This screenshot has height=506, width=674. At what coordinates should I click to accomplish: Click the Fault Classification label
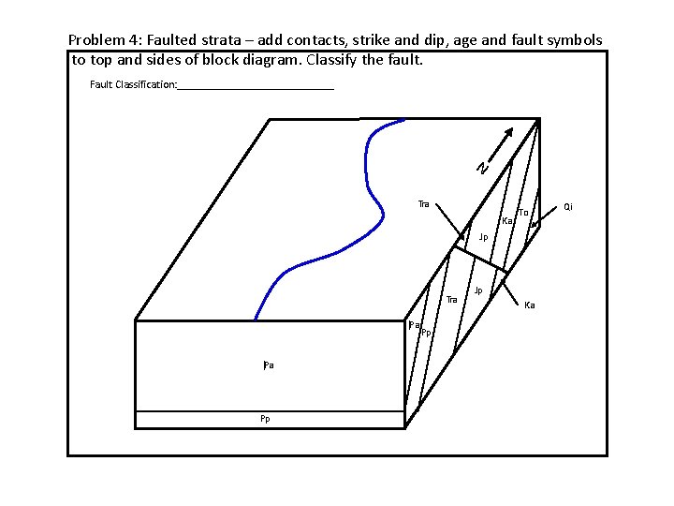click(133, 84)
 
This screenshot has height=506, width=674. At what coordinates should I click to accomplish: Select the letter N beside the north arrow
click(481, 168)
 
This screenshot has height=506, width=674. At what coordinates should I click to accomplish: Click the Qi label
click(567, 205)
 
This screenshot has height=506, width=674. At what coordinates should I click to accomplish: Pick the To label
click(522, 213)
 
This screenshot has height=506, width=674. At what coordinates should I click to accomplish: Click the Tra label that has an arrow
click(424, 203)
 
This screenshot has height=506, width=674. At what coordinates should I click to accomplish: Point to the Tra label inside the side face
click(451, 299)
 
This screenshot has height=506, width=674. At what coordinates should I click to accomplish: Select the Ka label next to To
click(506, 221)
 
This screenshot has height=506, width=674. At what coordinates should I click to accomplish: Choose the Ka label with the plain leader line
click(530, 305)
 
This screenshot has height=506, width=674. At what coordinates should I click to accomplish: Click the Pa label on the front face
click(268, 365)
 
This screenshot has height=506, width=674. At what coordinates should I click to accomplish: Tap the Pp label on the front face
click(266, 419)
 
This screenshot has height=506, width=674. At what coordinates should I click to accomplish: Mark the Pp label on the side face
click(425, 333)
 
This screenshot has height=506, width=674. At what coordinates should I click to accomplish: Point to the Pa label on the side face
click(413, 325)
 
